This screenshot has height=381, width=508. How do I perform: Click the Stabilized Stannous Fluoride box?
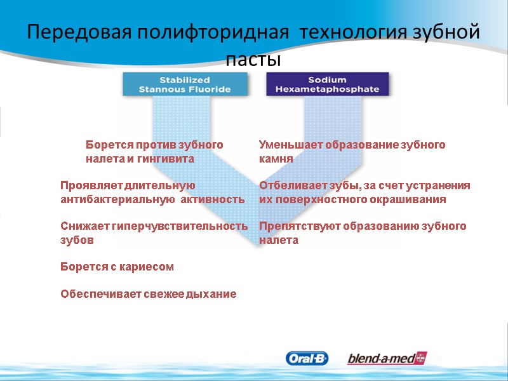point(185,84)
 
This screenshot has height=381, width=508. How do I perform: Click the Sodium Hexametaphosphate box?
point(327,84)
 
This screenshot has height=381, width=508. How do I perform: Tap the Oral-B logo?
point(307,359)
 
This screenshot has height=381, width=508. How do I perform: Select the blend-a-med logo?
point(387,359)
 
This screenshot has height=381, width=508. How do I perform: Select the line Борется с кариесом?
point(117,267)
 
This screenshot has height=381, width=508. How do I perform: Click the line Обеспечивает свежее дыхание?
point(149,294)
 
